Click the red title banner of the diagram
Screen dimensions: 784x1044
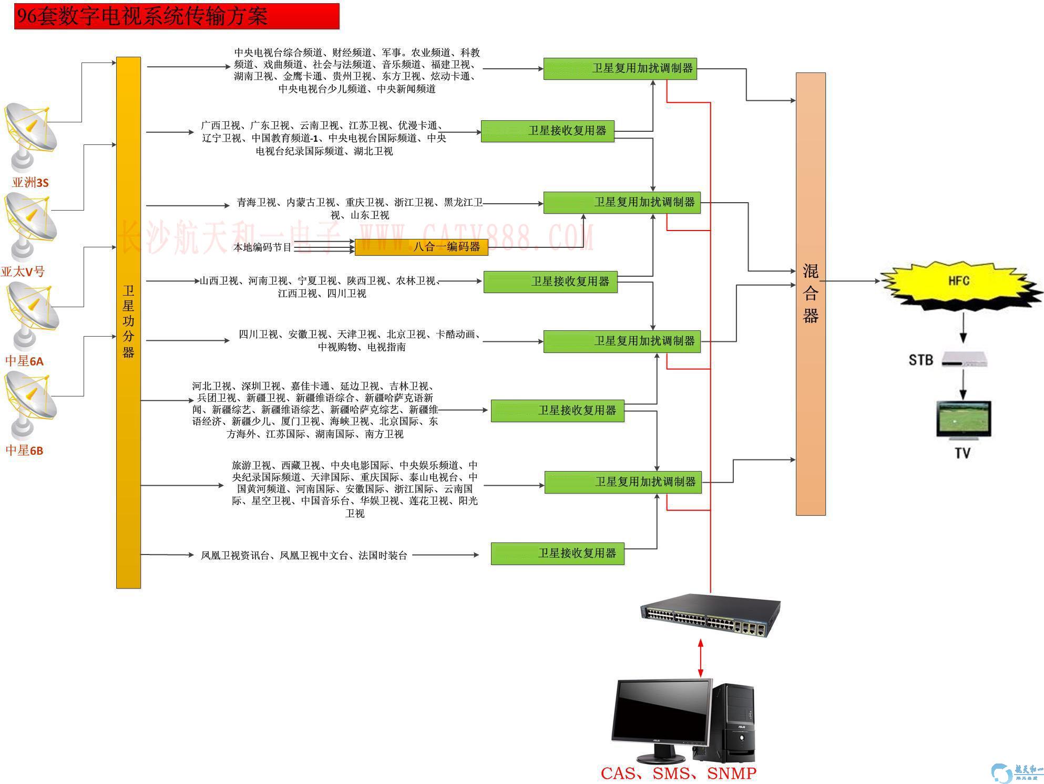tap(177, 16)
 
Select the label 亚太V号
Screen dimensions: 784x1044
tap(23, 271)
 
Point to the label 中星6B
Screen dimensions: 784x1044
tap(24, 450)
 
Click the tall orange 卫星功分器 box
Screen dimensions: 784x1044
tap(128, 322)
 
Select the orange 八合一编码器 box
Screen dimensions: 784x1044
tap(421, 247)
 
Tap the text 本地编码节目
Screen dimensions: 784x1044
tap(262, 247)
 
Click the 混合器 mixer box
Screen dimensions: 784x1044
tap(810, 294)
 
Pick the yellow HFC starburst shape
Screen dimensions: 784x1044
tap(959, 281)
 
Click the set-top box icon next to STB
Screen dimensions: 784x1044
tap(965, 359)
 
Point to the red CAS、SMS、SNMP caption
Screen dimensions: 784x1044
tap(678, 773)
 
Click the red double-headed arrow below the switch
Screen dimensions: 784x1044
tap(700, 657)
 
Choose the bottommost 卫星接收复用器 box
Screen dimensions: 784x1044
tap(557, 553)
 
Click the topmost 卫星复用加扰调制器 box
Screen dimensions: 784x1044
tap(620, 68)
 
